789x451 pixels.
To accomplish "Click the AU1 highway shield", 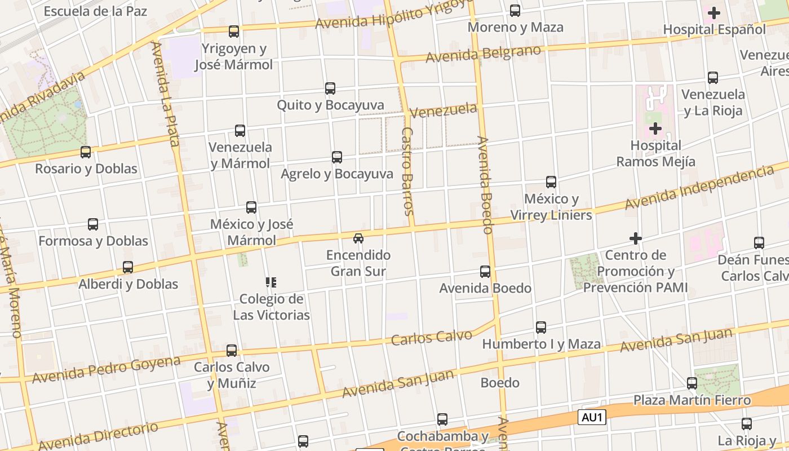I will pyautogui.click(x=591, y=418).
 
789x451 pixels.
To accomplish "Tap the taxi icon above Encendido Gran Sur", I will pyautogui.click(x=358, y=238).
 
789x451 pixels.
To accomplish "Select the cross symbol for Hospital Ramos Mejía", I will pyautogui.click(x=655, y=129).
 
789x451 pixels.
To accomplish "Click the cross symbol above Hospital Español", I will pyautogui.click(x=714, y=12).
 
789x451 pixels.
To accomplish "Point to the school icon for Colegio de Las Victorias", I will pyautogui.click(x=271, y=282).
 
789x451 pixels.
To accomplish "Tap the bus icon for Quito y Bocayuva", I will pyautogui.click(x=330, y=89).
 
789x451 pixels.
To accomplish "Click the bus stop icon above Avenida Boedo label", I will pyautogui.click(x=485, y=272).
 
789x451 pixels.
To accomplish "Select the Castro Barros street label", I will pyautogui.click(x=408, y=171).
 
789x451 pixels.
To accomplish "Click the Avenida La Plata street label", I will pyautogui.click(x=166, y=94).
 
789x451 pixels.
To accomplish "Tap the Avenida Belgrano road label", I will pyautogui.click(x=483, y=54).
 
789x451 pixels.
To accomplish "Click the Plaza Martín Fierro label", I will pyautogui.click(x=692, y=400).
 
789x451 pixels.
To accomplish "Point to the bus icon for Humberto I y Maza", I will pyautogui.click(x=541, y=328).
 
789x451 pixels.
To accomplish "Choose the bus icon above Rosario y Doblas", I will pyautogui.click(x=86, y=152).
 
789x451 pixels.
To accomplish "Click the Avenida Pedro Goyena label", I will pyautogui.click(x=106, y=370).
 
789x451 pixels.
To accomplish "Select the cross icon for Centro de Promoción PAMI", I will pyautogui.click(x=636, y=238).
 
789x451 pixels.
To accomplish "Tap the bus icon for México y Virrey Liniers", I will pyautogui.click(x=551, y=182).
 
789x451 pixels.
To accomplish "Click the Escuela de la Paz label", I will pyautogui.click(x=95, y=11).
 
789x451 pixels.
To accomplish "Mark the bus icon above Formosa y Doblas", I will pyautogui.click(x=93, y=224).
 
